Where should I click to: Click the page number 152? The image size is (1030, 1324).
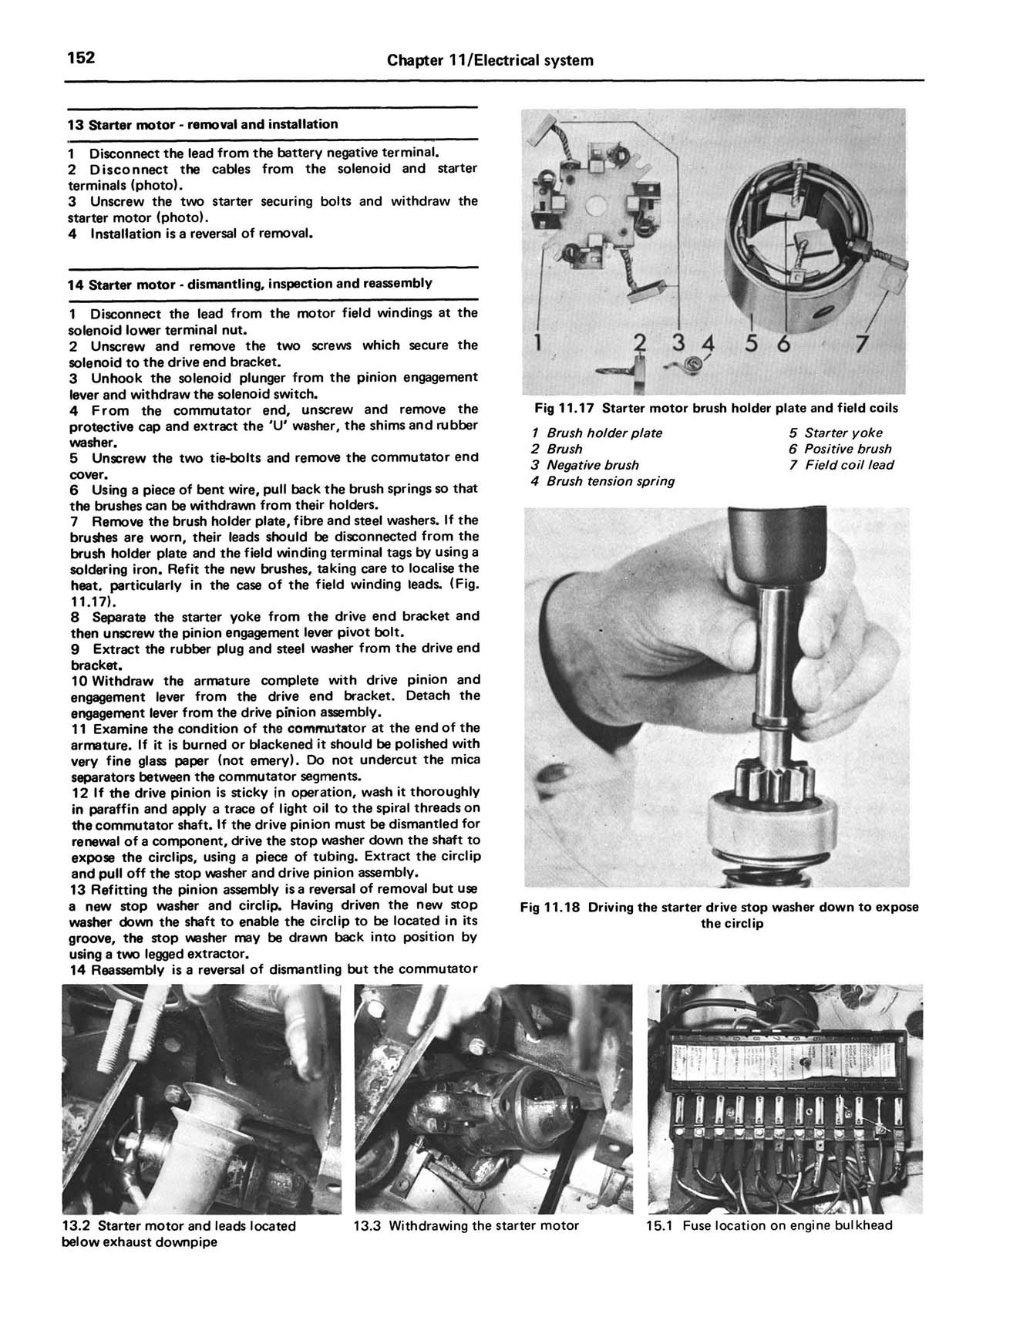click(x=81, y=58)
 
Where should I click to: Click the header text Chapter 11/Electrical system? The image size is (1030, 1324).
click(x=490, y=60)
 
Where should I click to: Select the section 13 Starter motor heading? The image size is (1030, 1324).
click(x=203, y=124)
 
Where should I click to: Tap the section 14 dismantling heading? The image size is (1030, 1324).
click(x=250, y=283)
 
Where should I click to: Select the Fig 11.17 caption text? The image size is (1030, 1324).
click(x=715, y=408)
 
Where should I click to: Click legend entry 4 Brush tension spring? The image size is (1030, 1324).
click(x=603, y=481)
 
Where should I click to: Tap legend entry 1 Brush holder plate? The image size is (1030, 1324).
click(x=597, y=433)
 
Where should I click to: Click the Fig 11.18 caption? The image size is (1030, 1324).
click(x=719, y=915)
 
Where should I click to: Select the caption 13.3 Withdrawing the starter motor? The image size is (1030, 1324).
click(x=466, y=1226)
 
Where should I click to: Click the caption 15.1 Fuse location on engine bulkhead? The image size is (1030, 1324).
click(x=769, y=1226)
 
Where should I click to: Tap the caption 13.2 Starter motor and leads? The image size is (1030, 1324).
click(x=178, y=1234)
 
